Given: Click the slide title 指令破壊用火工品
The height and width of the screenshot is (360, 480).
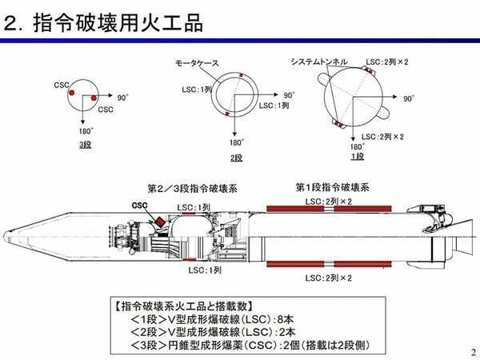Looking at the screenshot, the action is tap(118, 22).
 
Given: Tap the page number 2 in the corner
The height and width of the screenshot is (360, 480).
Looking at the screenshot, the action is tap(474, 352).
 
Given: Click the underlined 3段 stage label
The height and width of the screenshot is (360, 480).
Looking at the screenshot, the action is tap(86, 145).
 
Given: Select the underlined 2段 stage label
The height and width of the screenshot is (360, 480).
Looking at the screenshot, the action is tap(236, 158).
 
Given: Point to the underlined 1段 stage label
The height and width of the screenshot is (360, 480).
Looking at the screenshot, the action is tap(358, 157).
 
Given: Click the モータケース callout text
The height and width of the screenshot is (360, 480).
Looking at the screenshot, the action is tap(197, 63).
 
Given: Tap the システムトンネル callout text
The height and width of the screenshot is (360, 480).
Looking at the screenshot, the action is tap(319, 62).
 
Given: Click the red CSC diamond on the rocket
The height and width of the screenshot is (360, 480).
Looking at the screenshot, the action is tap(160, 222).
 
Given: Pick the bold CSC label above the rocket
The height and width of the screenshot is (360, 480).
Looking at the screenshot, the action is tap(139, 206).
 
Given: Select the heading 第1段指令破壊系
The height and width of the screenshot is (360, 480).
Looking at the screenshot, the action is tap(333, 187).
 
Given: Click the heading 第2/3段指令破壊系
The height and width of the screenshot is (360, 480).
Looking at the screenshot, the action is tap(193, 188).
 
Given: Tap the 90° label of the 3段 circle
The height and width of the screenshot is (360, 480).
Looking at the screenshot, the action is tap(122, 98).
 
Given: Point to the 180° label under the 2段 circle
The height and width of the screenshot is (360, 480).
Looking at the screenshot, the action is tap(237, 142).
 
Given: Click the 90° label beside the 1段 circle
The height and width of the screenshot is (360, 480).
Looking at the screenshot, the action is tap(409, 98).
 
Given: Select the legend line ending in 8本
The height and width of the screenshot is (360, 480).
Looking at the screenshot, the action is tap(212, 319).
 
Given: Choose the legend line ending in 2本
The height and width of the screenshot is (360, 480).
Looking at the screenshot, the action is tap(213, 333).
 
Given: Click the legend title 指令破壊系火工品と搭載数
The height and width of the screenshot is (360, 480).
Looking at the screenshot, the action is tap(184, 306).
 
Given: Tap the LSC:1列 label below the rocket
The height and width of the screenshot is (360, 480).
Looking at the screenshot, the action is tap(205, 270).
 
